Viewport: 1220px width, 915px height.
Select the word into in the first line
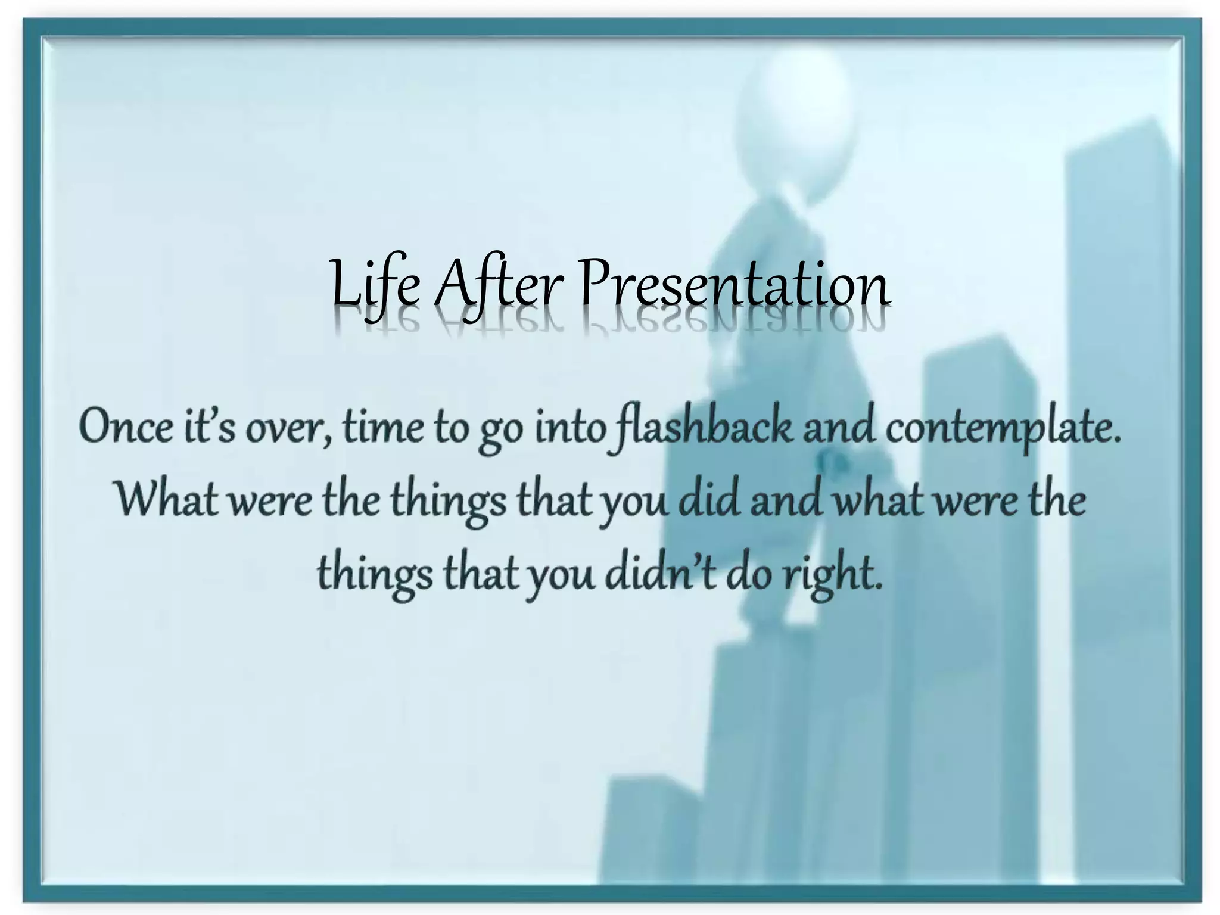click(569, 427)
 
